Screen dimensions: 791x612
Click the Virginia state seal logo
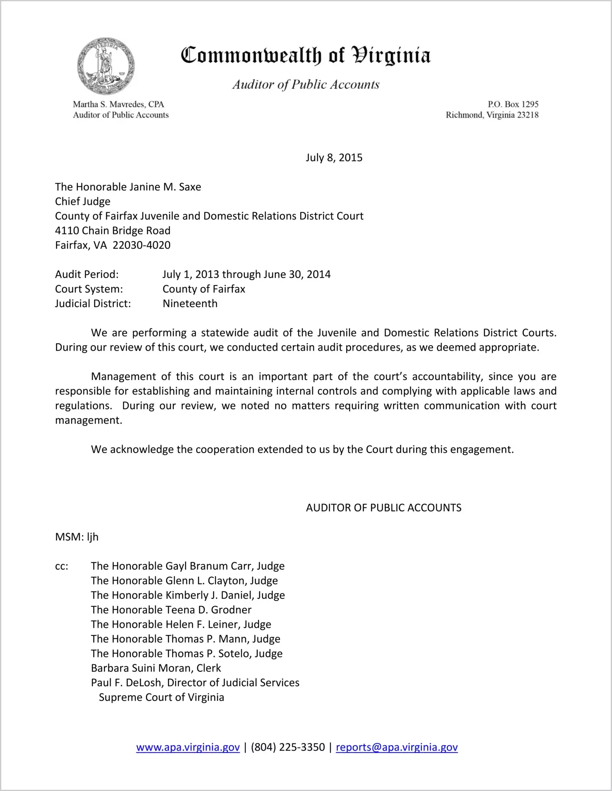tap(106, 66)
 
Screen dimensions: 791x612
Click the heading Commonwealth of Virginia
tap(306, 55)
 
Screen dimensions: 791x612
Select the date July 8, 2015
tap(334, 158)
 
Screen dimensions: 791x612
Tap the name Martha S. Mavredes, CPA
tap(118, 104)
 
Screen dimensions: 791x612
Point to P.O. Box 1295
tap(513, 104)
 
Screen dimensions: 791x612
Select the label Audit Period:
tap(87, 274)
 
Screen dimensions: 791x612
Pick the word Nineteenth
tap(190, 304)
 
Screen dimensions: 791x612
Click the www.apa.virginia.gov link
tap(188, 747)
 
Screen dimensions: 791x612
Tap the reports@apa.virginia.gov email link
tap(397, 747)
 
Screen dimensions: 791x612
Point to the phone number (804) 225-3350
tap(288, 747)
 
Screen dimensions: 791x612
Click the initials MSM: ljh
tap(77, 537)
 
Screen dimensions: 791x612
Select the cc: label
tap(62, 566)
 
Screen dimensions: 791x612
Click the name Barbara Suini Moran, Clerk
tap(156, 668)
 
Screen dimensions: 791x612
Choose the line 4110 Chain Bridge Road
tap(113, 231)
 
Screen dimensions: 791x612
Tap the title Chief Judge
tap(83, 202)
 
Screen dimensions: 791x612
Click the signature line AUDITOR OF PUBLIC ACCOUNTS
tap(383, 508)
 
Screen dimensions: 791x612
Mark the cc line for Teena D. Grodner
tap(171, 610)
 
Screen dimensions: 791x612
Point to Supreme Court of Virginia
tap(161, 697)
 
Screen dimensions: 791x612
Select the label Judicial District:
tap(93, 304)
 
